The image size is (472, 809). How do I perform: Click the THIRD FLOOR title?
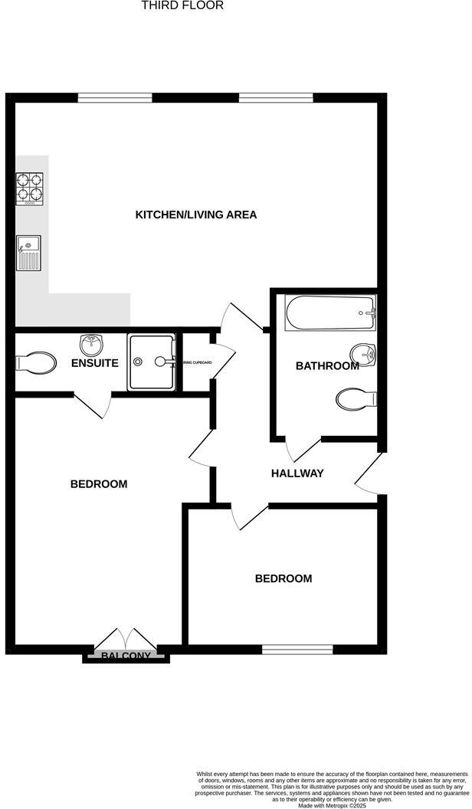[x=182, y=5]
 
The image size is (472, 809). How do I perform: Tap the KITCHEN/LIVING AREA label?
[x=196, y=215]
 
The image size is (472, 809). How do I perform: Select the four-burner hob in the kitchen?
[x=29, y=188]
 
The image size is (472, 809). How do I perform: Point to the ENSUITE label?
[x=95, y=363]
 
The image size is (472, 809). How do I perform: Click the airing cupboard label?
[x=195, y=362]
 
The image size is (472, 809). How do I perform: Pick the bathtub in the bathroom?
[x=330, y=313]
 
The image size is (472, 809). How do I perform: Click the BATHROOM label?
[x=327, y=366]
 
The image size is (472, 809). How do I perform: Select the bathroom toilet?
[x=356, y=398]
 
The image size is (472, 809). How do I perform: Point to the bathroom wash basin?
[x=363, y=355]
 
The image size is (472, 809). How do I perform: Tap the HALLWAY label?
[x=297, y=473]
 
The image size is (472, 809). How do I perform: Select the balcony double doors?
[x=124, y=637]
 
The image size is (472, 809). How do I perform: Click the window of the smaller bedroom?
[x=297, y=650]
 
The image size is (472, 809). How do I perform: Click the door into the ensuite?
[x=92, y=404]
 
